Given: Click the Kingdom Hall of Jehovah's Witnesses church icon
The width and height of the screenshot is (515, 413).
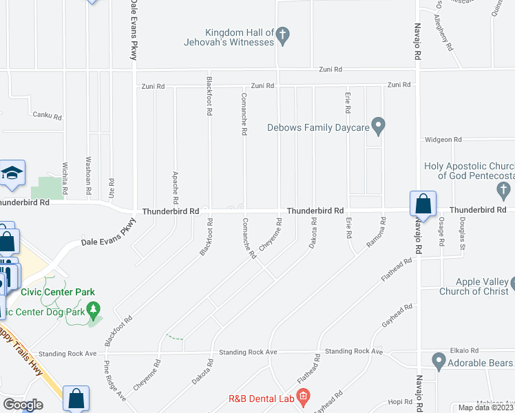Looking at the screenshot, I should [283, 36].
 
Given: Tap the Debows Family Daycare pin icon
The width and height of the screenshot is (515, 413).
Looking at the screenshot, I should [378, 126].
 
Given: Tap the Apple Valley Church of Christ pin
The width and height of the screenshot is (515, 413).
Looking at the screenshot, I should [513, 282].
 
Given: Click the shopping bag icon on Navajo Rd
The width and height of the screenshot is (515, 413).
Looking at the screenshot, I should [422, 204].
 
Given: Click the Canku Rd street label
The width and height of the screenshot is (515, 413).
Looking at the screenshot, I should [48, 115].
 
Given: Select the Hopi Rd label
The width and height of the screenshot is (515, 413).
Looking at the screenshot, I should [399, 401].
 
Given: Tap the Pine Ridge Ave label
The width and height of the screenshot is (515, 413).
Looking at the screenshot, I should [114, 380].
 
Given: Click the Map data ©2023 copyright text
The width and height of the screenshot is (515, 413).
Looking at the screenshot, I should [485, 407].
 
